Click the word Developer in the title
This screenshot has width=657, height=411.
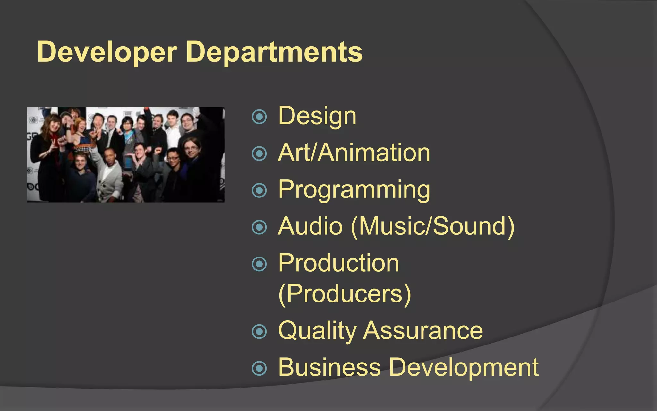click(107, 52)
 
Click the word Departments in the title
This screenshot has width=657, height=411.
click(274, 52)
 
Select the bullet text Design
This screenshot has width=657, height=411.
click(317, 116)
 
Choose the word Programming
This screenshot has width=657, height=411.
click(354, 190)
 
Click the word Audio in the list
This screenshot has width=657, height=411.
click(310, 226)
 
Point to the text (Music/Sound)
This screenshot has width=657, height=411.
click(433, 227)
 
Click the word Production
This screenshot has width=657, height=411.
click(338, 263)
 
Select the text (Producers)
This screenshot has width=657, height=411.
click(345, 294)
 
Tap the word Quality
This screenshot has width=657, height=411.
click(317, 331)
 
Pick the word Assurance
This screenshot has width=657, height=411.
click(423, 331)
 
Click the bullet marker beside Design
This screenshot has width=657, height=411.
click(259, 117)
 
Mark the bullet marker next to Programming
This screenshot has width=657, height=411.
click(259, 190)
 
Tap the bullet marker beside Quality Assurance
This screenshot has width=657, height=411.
click(259, 332)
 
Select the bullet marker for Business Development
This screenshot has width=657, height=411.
click(259, 368)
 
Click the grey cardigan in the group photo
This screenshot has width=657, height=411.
click(111, 180)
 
